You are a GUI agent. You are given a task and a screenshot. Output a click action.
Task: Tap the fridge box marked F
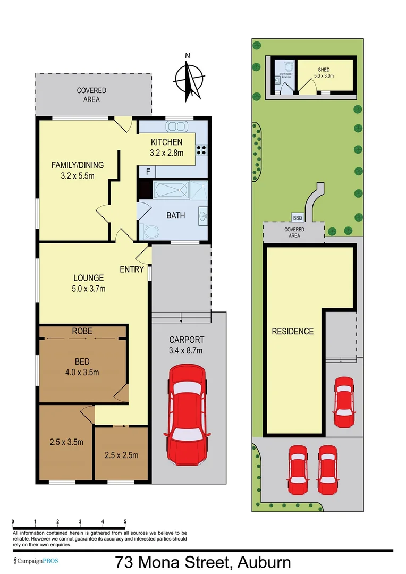(x=147, y=172)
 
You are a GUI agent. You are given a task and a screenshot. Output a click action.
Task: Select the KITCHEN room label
(x=166, y=142)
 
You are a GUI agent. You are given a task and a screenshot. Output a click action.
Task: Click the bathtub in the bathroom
(x=171, y=190)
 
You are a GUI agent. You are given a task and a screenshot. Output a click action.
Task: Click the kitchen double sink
(x=176, y=126)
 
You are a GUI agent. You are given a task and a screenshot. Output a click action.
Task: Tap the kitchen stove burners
(x=202, y=149)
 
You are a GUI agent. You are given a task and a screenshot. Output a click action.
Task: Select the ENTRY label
(x=132, y=269)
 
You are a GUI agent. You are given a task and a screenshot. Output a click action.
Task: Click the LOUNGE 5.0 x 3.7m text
(x=89, y=283)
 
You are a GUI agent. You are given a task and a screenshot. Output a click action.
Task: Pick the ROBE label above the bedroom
(x=82, y=331)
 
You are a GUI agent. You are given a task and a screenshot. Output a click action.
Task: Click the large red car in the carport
(x=186, y=415)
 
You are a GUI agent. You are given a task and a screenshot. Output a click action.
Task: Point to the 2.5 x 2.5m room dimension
(x=121, y=455)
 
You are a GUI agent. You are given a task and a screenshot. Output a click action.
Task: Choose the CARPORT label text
(x=186, y=340)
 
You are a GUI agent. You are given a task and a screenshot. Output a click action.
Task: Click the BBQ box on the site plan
(x=297, y=217)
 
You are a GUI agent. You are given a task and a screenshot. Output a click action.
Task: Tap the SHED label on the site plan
(x=324, y=70)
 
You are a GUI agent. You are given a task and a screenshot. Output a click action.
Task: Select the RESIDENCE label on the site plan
(x=293, y=331)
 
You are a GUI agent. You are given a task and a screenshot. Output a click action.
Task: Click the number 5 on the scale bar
(x=125, y=521)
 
